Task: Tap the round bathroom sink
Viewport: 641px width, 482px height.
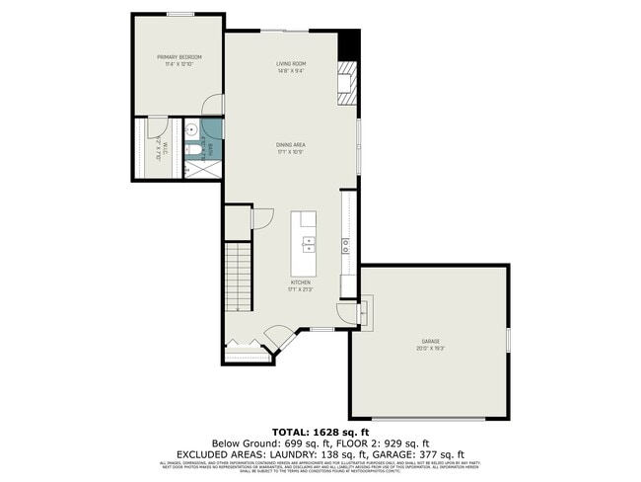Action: (x=192, y=128)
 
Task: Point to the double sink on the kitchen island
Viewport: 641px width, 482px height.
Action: (x=308, y=241)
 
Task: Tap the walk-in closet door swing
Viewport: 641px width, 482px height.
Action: (x=156, y=125)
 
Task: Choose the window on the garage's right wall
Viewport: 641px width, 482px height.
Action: (x=510, y=339)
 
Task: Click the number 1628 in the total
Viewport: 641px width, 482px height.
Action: (x=330, y=433)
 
